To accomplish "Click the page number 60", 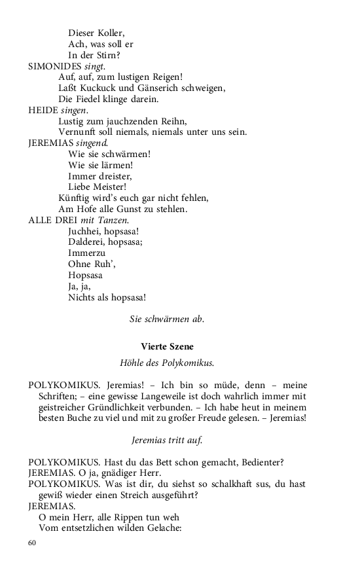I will pyautogui.click(x=33, y=543).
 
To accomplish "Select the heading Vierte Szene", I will pyautogui.click(x=167, y=346).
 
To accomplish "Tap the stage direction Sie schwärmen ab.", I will pyautogui.click(x=167, y=319).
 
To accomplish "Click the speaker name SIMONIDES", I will pyautogui.click(x=55, y=66).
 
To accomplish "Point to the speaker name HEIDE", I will pyautogui.click(x=43, y=111).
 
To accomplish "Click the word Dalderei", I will pyautogui.click(x=87, y=242).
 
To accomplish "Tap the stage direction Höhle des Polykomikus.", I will pyautogui.click(x=167, y=363).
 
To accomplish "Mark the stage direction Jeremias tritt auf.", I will pyautogui.click(x=167, y=441).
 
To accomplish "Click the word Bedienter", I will pyautogui.click(x=260, y=463).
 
